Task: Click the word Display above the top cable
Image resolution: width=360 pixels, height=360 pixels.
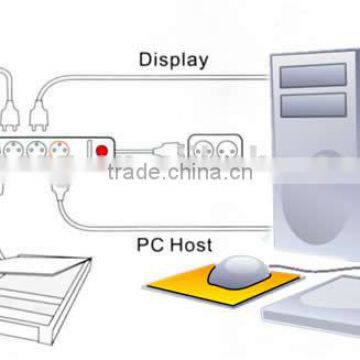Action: point(173,59)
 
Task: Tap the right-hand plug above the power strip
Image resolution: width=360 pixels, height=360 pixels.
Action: point(39,118)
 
